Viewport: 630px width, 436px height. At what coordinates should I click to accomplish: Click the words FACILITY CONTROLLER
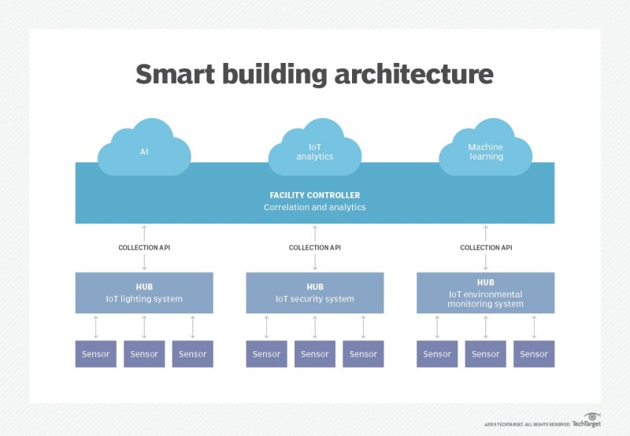point(314,194)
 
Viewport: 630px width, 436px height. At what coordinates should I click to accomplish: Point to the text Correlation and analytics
point(314,207)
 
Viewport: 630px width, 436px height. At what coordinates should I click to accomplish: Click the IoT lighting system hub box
point(144,293)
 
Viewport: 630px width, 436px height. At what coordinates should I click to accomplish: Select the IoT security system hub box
point(314,293)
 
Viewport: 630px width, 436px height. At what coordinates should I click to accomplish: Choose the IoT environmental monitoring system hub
point(485,293)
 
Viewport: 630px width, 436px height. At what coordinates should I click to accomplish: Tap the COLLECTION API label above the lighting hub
point(144,247)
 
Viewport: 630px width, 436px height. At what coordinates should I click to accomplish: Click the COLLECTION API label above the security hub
point(314,247)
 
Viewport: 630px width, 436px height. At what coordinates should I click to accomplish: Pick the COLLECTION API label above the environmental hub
point(485,247)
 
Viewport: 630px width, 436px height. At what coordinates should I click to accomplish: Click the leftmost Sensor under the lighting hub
point(96,354)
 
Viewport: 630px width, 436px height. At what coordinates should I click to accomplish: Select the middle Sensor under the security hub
point(314,354)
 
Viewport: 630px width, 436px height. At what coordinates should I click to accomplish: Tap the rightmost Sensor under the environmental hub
point(533,354)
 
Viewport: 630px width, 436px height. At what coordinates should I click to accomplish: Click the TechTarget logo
point(586,421)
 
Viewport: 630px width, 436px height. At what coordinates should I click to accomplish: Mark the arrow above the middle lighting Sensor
point(144,327)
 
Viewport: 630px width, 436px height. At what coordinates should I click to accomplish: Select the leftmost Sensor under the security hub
point(266,354)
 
